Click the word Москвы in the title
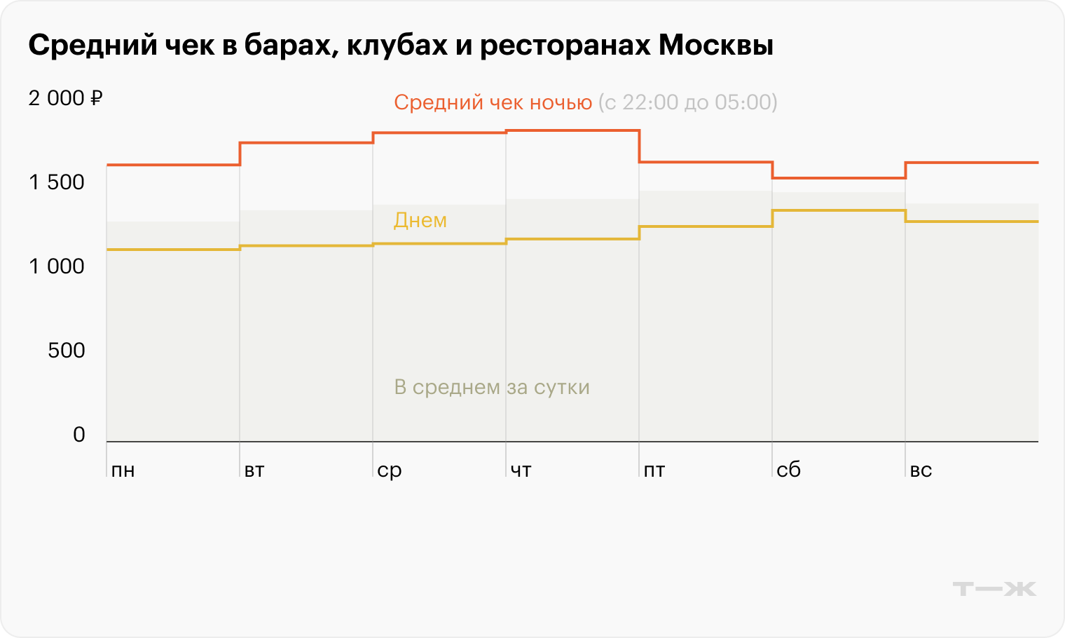pyautogui.click(x=715, y=46)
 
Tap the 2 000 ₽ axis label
pyautogui.click(x=65, y=98)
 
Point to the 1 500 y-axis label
pyautogui.click(x=56, y=182)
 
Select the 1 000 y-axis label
pyautogui.click(x=56, y=266)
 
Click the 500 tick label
pyautogui.click(x=66, y=351)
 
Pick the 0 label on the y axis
pyautogui.click(x=78, y=435)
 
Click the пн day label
pyautogui.click(x=123, y=470)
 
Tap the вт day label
pyautogui.click(x=254, y=470)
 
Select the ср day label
pyautogui.click(x=389, y=470)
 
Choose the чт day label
pyautogui.click(x=521, y=470)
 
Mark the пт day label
pyautogui.click(x=654, y=470)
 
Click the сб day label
pyautogui.click(x=788, y=470)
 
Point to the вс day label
pyautogui.click(x=921, y=470)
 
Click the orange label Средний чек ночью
pyautogui.click(x=493, y=103)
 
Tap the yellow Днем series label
pyautogui.click(x=420, y=220)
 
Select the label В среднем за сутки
pyautogui.click(x=492, y=387)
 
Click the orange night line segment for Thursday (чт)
pyautogui.click(x=572, y=130)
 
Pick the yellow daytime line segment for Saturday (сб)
pyautogui.click(x=839, y=210)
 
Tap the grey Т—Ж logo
pyautogui.click(x=994, y=589)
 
